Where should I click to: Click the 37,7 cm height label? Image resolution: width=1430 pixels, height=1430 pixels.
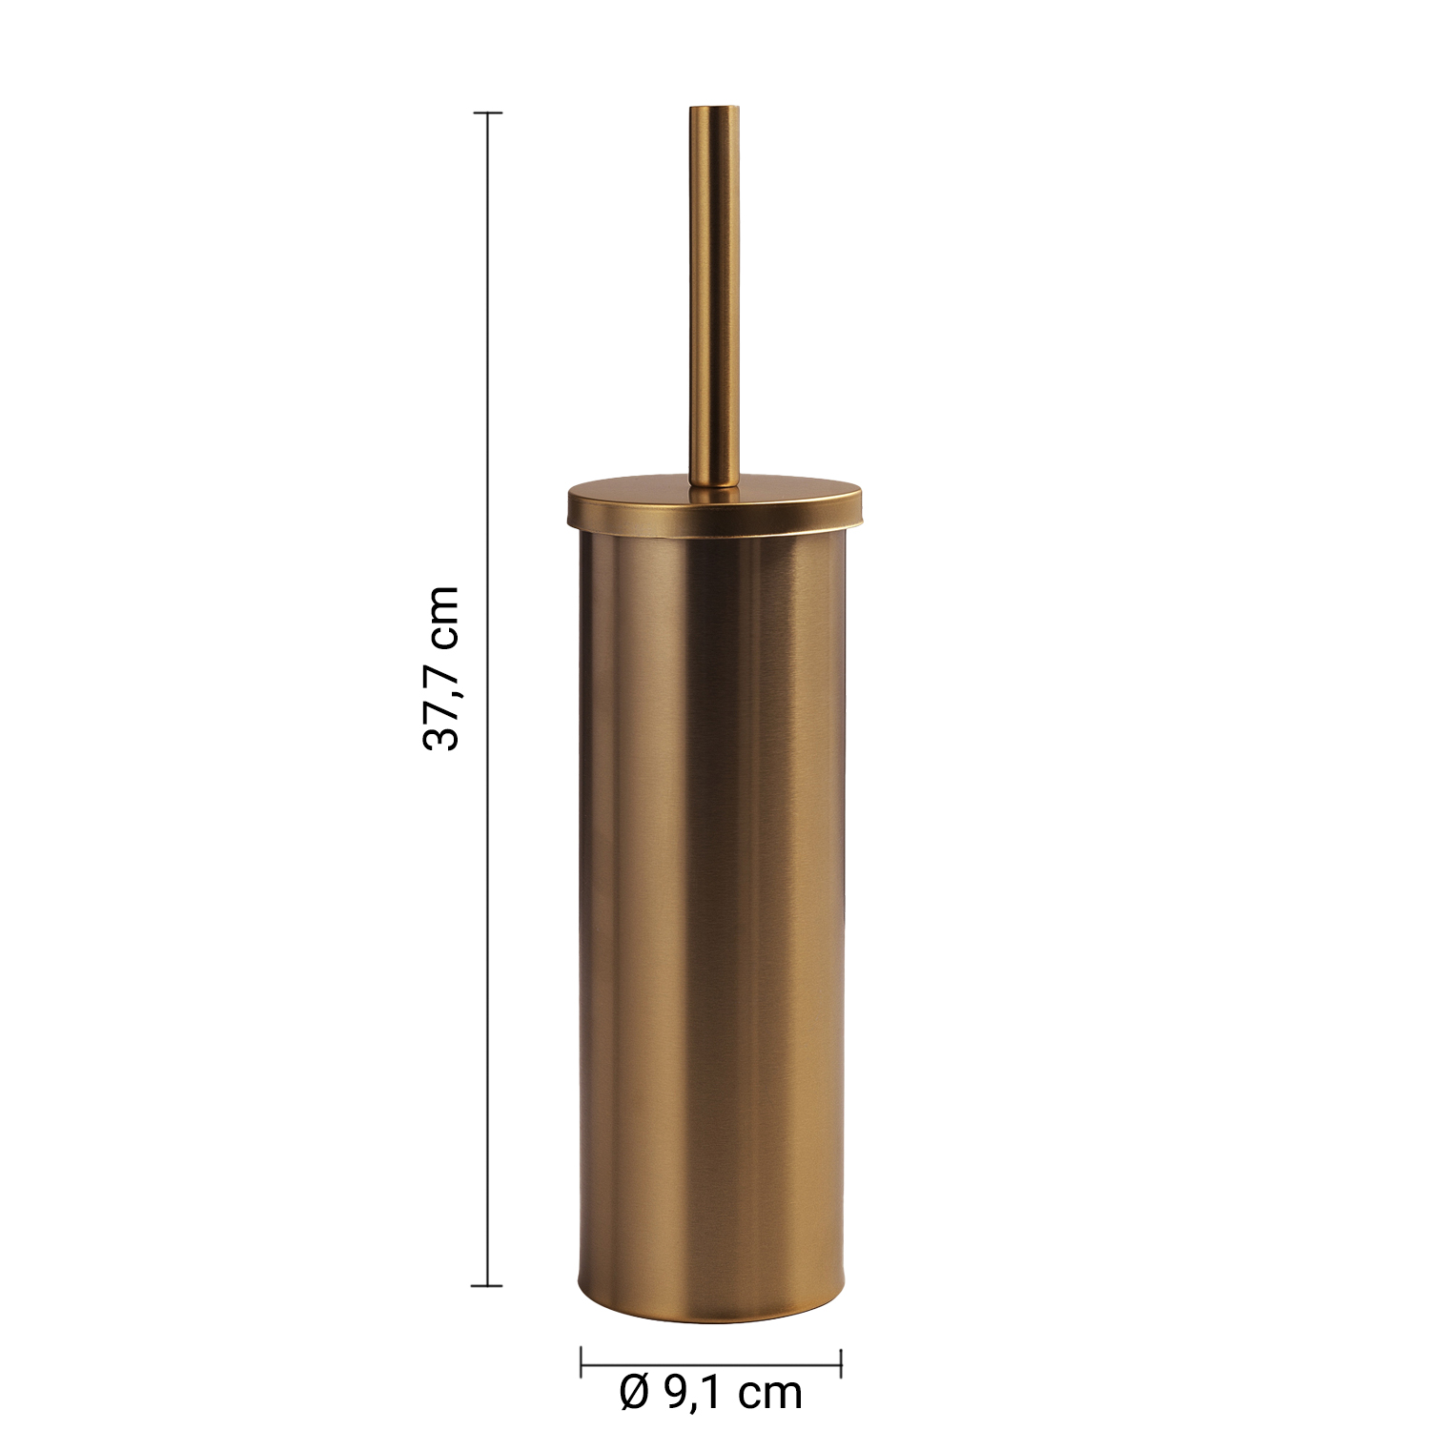click(x=441, y=668)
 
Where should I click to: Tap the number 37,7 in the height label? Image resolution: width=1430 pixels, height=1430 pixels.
click(x=441, y=702)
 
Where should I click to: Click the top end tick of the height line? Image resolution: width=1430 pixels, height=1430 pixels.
click(x=488, y=112)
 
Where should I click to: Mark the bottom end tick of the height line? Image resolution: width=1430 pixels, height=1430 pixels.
click(x=488, y=1285)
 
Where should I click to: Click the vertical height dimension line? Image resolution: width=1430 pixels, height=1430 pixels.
click(x=488, y=699)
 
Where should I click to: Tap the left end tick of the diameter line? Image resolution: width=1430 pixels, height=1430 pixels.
click(x=582, y=1362)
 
